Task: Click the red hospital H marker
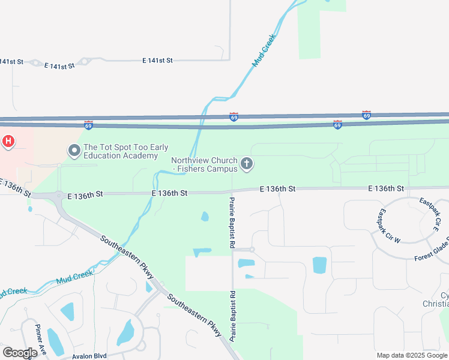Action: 8,142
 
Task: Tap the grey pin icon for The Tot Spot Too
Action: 74,150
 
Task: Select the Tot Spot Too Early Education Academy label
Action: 126,152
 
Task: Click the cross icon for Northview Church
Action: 246,163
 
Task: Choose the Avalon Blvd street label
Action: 90,356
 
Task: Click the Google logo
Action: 19,353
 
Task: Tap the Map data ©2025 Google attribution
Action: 412,355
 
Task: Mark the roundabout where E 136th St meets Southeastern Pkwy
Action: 59,195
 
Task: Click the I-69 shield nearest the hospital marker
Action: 88,125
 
